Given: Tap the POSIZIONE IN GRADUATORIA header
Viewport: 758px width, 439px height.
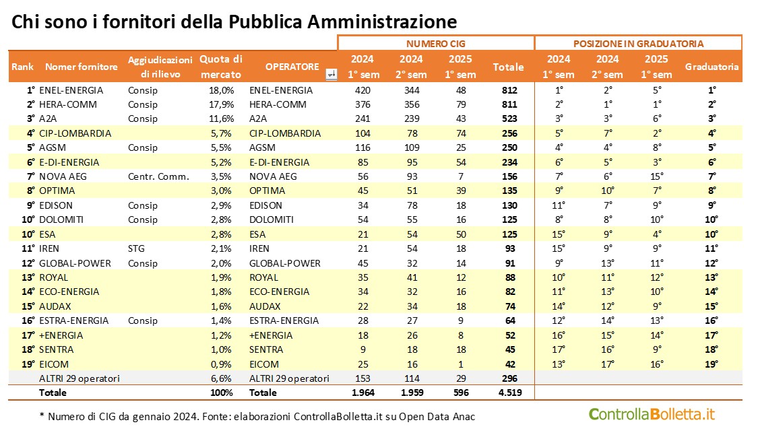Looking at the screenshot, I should coord(638,43).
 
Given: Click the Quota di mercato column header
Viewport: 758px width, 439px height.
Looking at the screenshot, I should coord(220,66).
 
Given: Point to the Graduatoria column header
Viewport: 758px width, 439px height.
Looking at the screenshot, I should coord(712,67).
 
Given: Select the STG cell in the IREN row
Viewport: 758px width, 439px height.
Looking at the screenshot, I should coord(136,248).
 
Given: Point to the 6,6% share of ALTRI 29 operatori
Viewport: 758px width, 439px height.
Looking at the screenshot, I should coord(223,378).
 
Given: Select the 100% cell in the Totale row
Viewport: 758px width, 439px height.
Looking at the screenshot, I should coord(222,393).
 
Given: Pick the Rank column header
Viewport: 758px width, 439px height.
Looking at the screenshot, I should coord(22,67).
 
